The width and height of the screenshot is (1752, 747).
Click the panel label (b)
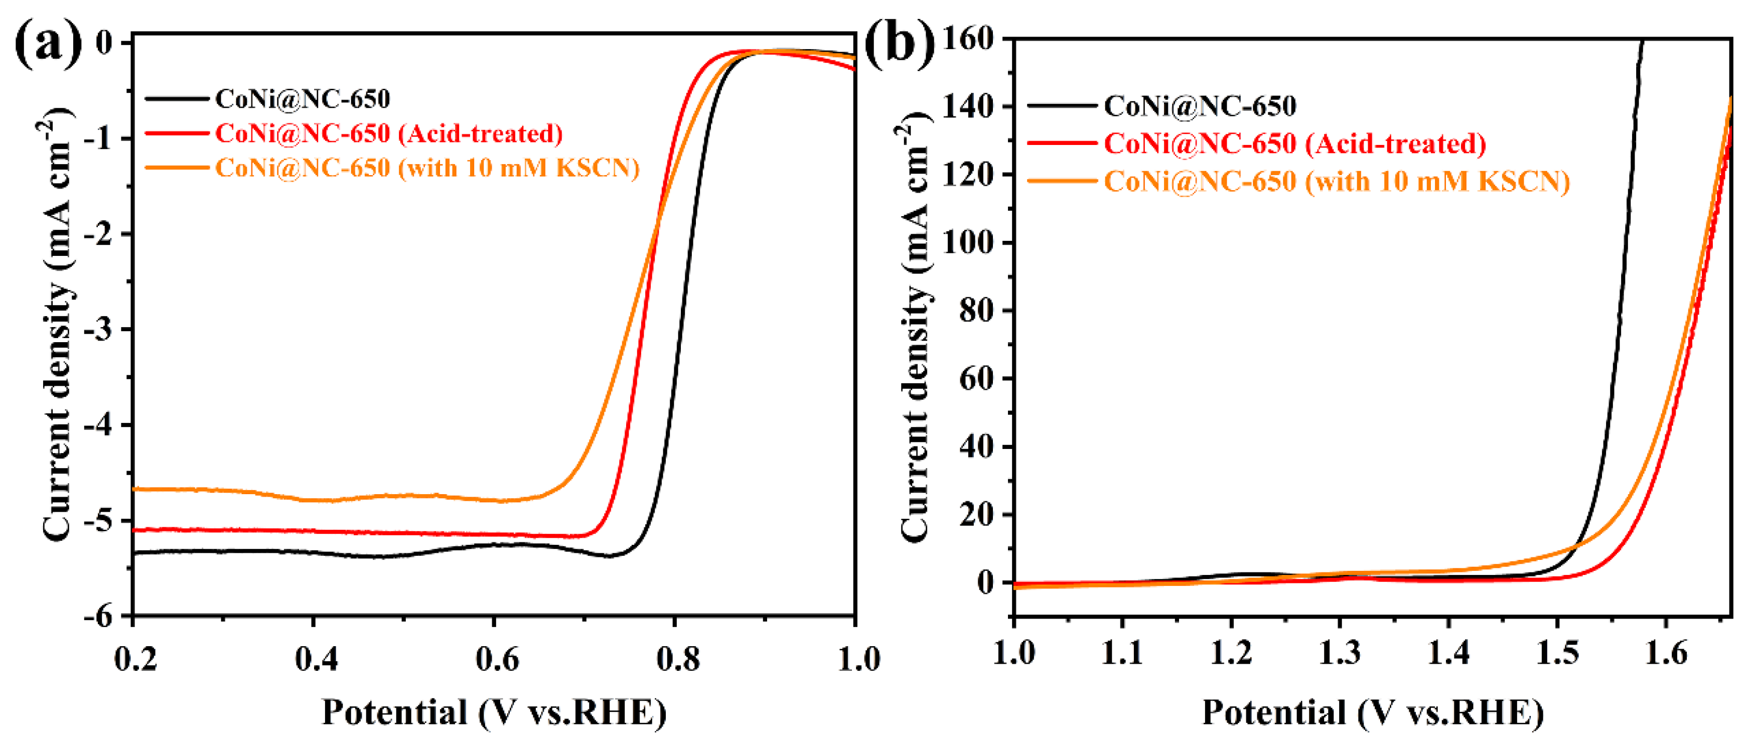pyautogui.click(x=899, y=45)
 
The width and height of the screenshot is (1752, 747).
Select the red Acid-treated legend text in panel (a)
pyautogui.click(x=388, y=134)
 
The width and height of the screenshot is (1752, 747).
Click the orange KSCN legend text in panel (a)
pyautogui.click(x=427, y=168)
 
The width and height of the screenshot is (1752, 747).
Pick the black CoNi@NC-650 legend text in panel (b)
pyautogui.click(x=1199, y=106)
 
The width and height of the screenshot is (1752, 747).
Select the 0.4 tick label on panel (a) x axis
pyautogui.click(x=316, y=659)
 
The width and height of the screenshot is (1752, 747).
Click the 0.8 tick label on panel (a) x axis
pyautogui.click(x=677, y=659)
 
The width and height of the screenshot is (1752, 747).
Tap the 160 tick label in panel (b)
pyautogui.click(x=967, y=39)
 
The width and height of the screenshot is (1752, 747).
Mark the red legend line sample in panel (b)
pyautogui.click(x=1061, y=143)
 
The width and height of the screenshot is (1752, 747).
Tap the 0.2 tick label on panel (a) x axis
pyautogui.click(x=135, y=659)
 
